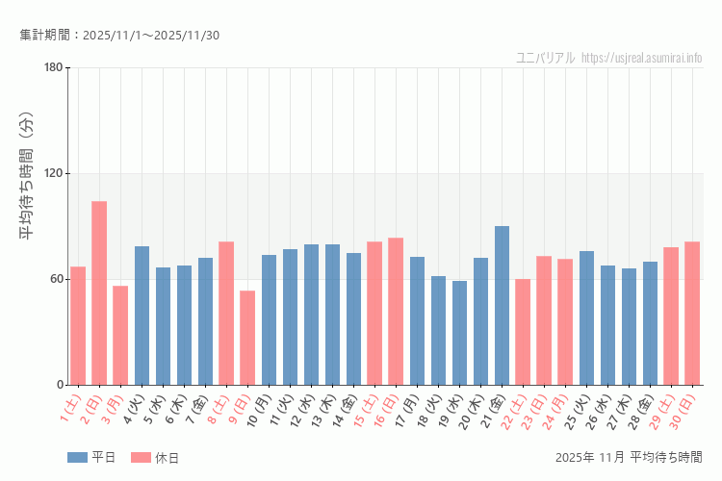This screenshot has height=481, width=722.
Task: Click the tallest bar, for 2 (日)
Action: tap(99, 292)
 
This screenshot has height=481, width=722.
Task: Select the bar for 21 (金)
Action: tap(502, 305)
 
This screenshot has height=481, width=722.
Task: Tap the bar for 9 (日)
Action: tap(247, 338)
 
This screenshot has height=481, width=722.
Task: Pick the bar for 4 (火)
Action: tap(142, 316)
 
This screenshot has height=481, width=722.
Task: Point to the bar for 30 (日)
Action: tap(692, 313)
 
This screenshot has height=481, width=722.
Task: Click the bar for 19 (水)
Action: tap(459, 333)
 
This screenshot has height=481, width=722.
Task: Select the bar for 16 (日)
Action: tap(396, 311)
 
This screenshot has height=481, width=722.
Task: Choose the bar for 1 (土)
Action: tap(78, 325)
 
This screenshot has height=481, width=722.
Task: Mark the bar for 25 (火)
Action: tap(586, 317)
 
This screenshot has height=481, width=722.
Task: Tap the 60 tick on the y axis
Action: tap(56, 279)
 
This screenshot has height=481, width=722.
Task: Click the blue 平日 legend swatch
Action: tap(77, 458)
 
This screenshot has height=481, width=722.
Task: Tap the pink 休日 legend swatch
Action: tap(141, 458)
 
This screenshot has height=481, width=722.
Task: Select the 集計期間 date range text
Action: tap(119, 36)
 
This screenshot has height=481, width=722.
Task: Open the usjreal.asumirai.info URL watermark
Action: tap(642, 58)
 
